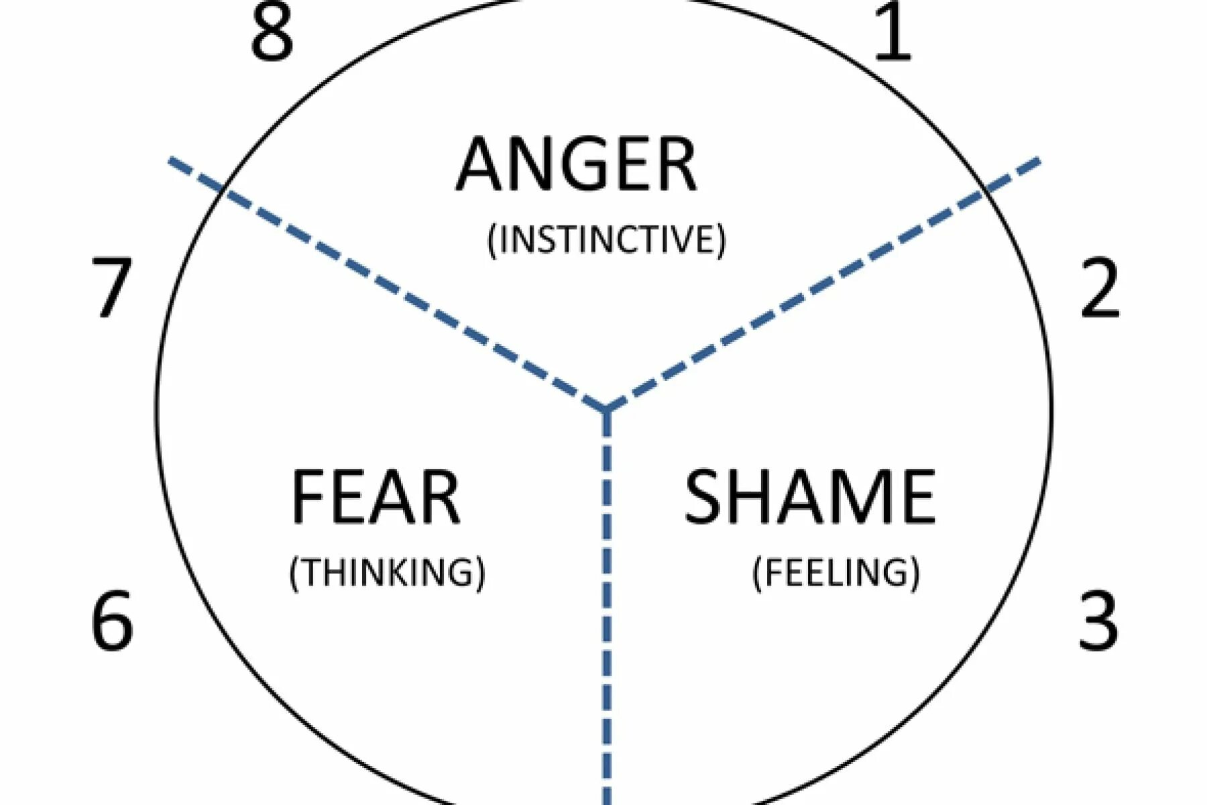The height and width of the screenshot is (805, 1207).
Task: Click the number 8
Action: click(272, 32)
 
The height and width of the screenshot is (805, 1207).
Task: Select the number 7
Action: click(111, 287)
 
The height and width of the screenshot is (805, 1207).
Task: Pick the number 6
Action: click(112, 620)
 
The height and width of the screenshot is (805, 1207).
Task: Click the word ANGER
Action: click(577, 164)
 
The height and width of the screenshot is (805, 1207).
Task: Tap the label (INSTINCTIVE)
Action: click(606, 239)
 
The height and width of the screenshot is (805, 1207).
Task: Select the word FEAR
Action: click(376, 497)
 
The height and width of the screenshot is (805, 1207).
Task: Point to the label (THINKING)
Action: click(387, 572)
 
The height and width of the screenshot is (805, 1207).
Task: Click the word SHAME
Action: click(809, 497)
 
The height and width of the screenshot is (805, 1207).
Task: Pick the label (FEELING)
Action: click(836, 572)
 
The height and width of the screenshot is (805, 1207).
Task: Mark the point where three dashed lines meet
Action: click(606, 408)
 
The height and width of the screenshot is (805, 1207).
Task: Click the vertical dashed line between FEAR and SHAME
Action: click(607, 604)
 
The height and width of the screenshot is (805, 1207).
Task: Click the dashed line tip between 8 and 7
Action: click(172, 161)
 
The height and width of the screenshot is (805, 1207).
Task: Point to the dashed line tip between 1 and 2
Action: click(1038, 161)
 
